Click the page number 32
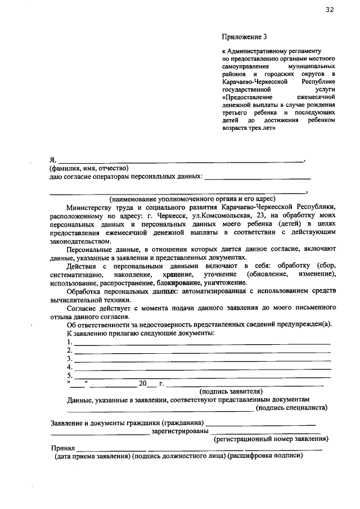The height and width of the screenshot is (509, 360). (329, 10)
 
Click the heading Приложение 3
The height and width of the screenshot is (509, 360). (245, 38)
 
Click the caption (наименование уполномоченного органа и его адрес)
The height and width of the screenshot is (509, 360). (192, 199)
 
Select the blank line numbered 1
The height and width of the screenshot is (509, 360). (202, 343)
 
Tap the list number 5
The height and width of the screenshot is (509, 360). (69, 375)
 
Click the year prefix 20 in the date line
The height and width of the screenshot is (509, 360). (142, 384)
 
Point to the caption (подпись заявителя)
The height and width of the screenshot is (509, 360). (231, 391)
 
